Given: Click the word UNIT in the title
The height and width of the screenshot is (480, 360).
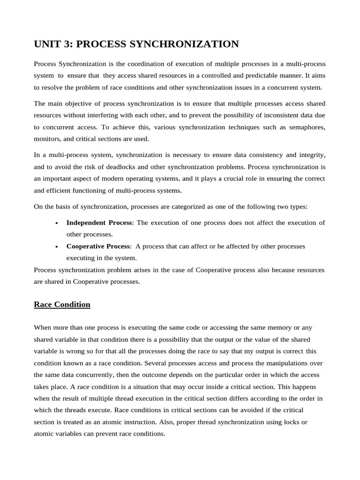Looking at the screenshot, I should (46, 45).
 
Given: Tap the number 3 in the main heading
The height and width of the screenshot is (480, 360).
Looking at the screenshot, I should (67, 45).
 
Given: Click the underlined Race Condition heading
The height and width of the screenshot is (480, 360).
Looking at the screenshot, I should (62, 305).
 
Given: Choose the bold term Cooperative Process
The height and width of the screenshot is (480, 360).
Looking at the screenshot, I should (99, 246).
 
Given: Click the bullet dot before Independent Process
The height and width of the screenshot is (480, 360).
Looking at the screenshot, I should (56, 223).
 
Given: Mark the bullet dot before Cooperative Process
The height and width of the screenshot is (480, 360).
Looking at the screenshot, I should (56, 247).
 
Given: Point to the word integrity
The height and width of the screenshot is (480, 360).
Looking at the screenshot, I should (312, 155).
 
